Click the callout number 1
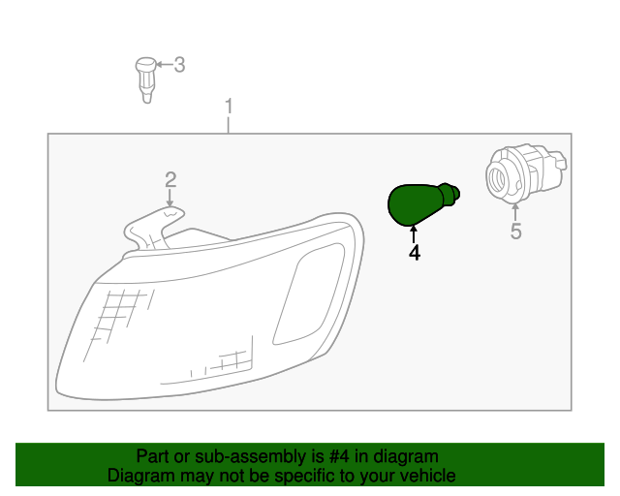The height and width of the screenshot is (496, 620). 229,104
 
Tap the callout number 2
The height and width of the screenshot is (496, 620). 170,179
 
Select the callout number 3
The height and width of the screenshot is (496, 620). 179,65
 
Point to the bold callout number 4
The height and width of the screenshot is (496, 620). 414,253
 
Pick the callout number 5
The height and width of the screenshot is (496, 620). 515,232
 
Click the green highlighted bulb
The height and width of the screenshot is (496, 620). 415,203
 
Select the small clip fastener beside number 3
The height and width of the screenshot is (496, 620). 145,76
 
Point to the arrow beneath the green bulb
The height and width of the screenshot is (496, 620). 414,233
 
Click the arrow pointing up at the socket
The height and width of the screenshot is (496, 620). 515,210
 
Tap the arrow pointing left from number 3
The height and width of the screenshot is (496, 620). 164,65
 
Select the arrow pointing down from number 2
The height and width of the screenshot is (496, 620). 170,197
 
